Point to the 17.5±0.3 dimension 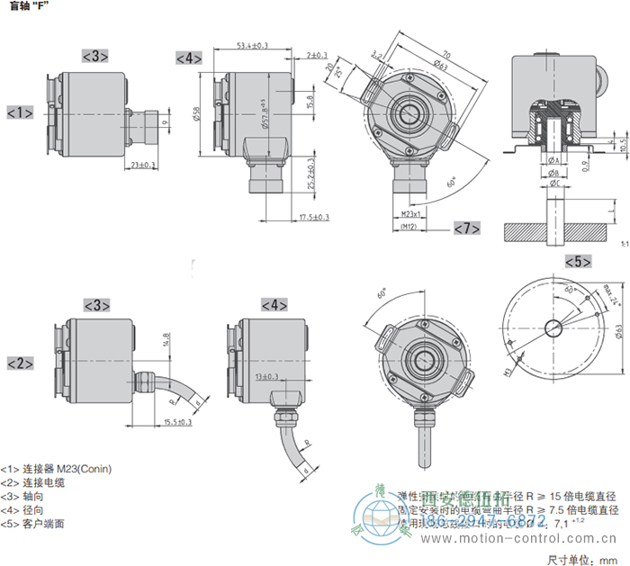pos(313,217)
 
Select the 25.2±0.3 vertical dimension pos(310,175)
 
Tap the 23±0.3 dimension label pos(143,165)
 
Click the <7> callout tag pos(466,229)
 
